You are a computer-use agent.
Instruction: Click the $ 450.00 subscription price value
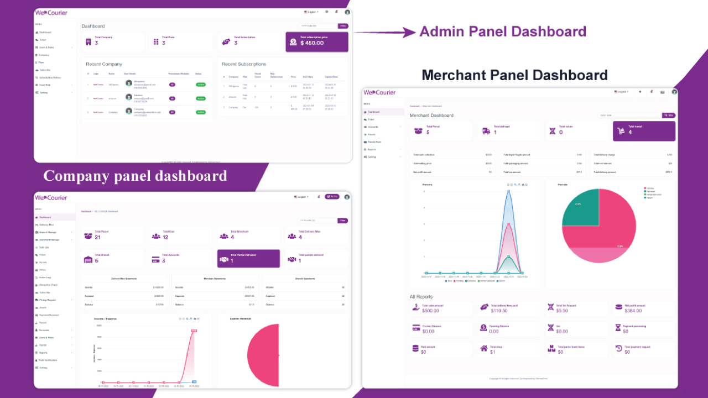(x=312, y=43)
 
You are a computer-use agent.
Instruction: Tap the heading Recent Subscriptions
(x=243, y=64)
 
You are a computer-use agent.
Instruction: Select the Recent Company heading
(x=104, y=64)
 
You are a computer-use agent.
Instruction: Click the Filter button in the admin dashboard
(x=343, y=26)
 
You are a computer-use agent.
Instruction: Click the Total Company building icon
(x=88, y=41)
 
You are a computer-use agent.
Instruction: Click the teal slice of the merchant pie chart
(x=580, y=207)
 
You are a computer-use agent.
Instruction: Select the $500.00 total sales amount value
(x=431, y=311)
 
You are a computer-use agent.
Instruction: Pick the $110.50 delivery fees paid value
(x=499, y=311)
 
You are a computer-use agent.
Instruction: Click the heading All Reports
(x=421, y=297)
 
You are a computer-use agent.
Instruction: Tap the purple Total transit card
(x=644, y=131)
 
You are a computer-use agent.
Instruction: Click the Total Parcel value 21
(x=97, y=237)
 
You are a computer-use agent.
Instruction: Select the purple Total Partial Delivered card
(x=248, y=258)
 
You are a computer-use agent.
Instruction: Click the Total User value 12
(x=165, y=237)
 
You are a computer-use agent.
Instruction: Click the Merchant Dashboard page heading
(x=431, y=116)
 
